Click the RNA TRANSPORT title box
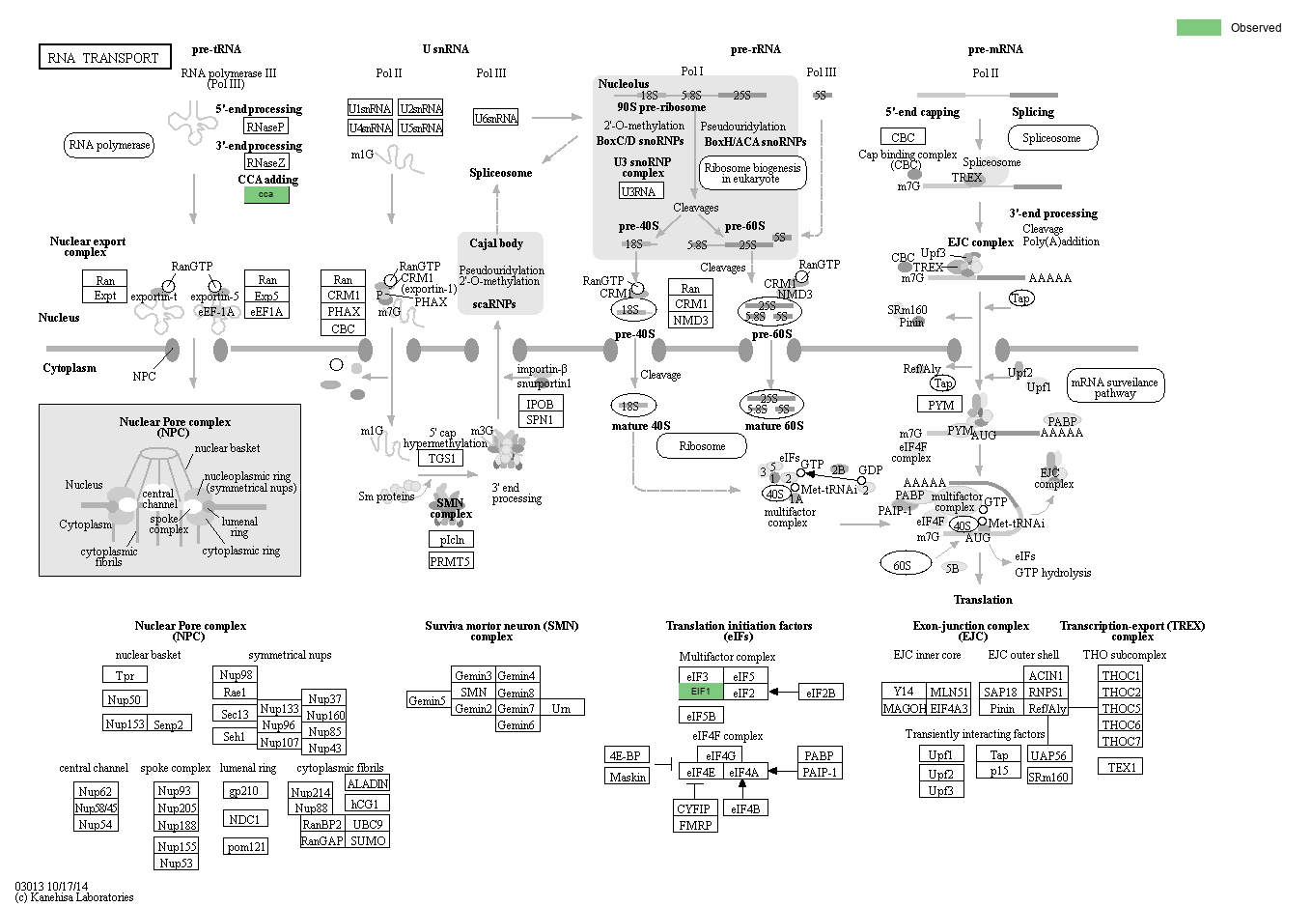coord(104,57)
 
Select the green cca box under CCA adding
coord(266,194)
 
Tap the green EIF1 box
coord(700,692)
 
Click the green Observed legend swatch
coord(1198,27)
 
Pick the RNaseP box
coord(265,127)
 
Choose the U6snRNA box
coord(496,118)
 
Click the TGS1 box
coord(441,458)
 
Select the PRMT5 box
coord(451,561)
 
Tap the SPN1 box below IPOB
coord(540,420)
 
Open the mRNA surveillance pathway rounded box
coord(1115,386)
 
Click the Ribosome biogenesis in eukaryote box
coord(752,173)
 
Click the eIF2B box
coord(821,692)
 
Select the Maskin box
coord(628,777)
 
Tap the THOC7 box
coord(1121,741)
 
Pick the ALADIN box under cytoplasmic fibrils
coord(367,783)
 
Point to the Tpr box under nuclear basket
coord(126,675)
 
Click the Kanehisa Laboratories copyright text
coord(74,897)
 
